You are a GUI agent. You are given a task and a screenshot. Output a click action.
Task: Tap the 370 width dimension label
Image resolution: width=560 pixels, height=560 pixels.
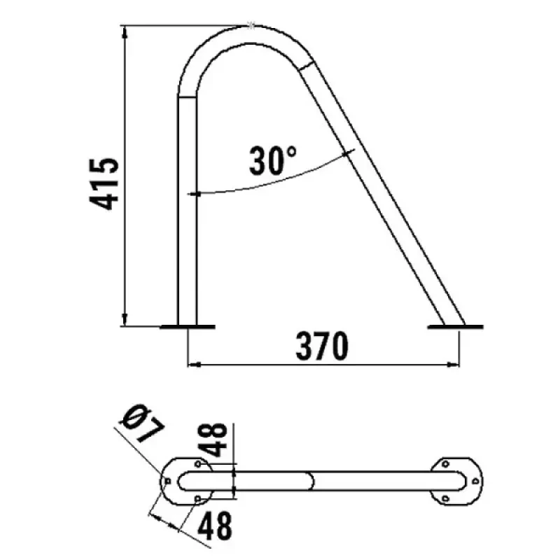tap(322, 346)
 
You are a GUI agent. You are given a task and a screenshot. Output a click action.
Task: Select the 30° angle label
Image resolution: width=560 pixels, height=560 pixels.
tap(273, 160)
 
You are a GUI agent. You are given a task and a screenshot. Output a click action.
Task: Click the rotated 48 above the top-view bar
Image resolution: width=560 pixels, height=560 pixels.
tap(216, 440)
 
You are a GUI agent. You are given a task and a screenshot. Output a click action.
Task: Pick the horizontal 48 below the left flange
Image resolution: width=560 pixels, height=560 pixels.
tap(215, 526)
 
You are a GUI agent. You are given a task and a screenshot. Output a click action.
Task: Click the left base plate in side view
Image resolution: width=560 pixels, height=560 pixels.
tap(188, 327)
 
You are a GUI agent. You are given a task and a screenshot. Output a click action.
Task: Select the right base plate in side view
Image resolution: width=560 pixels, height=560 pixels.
tap(456, 327)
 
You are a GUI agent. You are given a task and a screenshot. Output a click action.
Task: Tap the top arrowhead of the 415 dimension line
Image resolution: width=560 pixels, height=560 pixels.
tap(125, 31)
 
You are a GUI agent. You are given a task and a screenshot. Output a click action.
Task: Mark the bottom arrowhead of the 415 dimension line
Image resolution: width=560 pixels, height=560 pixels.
tap(125, 320)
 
